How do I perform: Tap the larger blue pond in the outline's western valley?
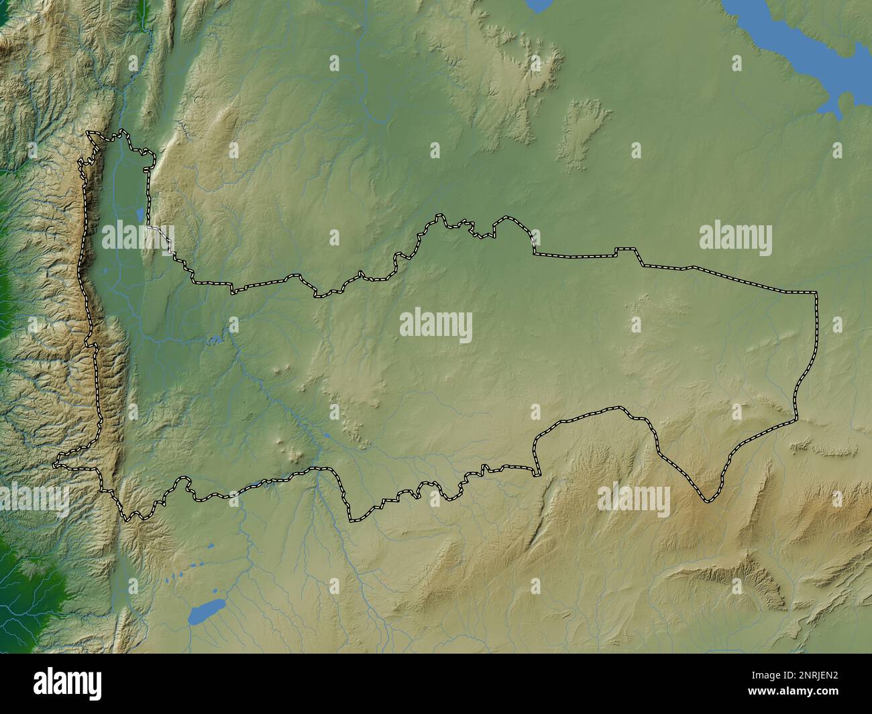click(140, 215)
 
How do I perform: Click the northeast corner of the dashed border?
click(816, 293)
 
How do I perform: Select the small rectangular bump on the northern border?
click(626, 249)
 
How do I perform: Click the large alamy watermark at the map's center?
click(436, 326)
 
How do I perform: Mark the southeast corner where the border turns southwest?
click(797, 420)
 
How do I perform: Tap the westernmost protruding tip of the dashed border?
click(56, 463)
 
